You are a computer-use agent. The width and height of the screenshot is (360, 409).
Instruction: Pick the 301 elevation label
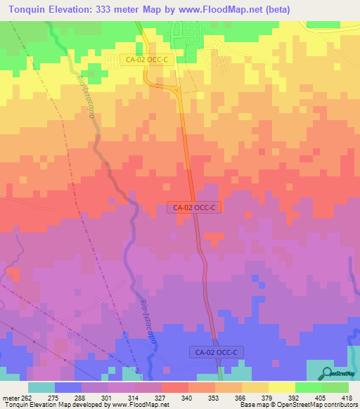click(108, 397)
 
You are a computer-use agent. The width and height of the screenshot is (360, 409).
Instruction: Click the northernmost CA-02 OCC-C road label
click(146, 60)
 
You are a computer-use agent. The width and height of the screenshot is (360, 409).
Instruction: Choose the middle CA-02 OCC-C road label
click(195, 207)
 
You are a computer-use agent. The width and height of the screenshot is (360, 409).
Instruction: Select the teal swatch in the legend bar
click(41, 387)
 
